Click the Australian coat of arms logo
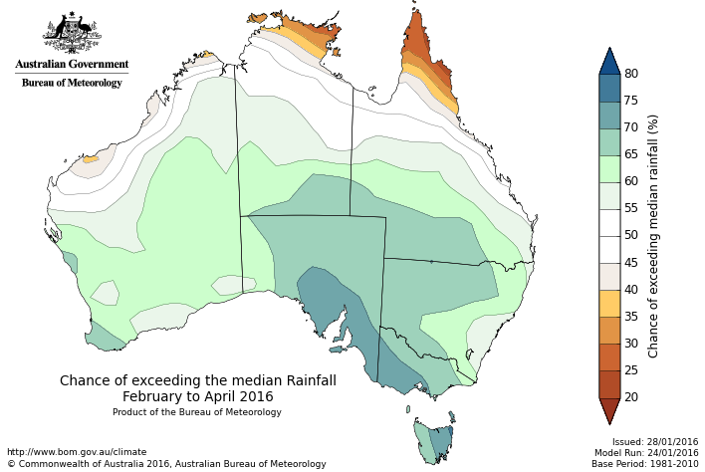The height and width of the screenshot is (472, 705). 72,33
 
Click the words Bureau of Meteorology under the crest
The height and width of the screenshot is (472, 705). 72,83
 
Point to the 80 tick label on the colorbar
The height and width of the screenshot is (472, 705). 631,74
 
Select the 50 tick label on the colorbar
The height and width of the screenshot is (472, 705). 631,235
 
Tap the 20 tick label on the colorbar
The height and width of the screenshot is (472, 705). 631,397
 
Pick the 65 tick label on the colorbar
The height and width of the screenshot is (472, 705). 631,154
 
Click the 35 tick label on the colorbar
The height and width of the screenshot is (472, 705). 631,317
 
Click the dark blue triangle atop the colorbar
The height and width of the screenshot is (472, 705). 609,62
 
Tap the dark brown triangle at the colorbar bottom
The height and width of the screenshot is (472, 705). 609,409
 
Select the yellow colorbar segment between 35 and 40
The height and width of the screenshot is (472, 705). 609,303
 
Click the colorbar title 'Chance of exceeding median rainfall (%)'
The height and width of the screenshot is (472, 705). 653,235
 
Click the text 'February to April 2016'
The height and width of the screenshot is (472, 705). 197,396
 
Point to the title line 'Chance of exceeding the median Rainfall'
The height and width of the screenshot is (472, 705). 197,380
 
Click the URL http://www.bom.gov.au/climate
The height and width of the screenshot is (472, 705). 77,452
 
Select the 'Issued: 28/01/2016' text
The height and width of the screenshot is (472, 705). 655,442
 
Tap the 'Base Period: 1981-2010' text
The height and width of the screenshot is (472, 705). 644,464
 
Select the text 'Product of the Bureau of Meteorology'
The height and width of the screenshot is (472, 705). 197,412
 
